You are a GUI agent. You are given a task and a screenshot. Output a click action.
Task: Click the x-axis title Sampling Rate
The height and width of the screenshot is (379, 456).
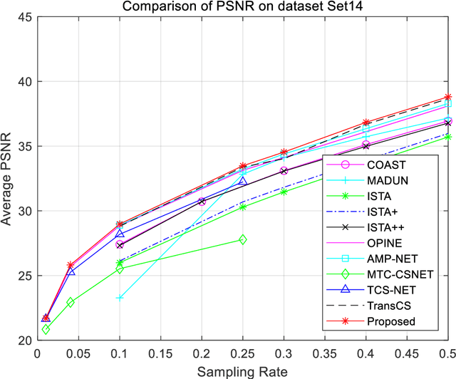click(x=242, y=371)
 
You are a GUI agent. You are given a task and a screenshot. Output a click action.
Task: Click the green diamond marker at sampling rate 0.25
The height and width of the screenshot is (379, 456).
click(x=243, y=239)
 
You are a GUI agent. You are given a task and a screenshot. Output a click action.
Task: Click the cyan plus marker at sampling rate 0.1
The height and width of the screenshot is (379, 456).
click(x=120, y=297)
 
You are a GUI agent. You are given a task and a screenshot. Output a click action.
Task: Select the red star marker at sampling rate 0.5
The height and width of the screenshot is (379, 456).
click(x=447, y=97)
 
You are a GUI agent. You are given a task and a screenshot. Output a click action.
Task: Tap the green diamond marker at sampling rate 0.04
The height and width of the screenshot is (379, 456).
click(x=71, y=302)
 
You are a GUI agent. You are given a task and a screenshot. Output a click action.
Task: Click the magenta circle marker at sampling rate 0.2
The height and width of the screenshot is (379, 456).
click(x=202, y=202)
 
